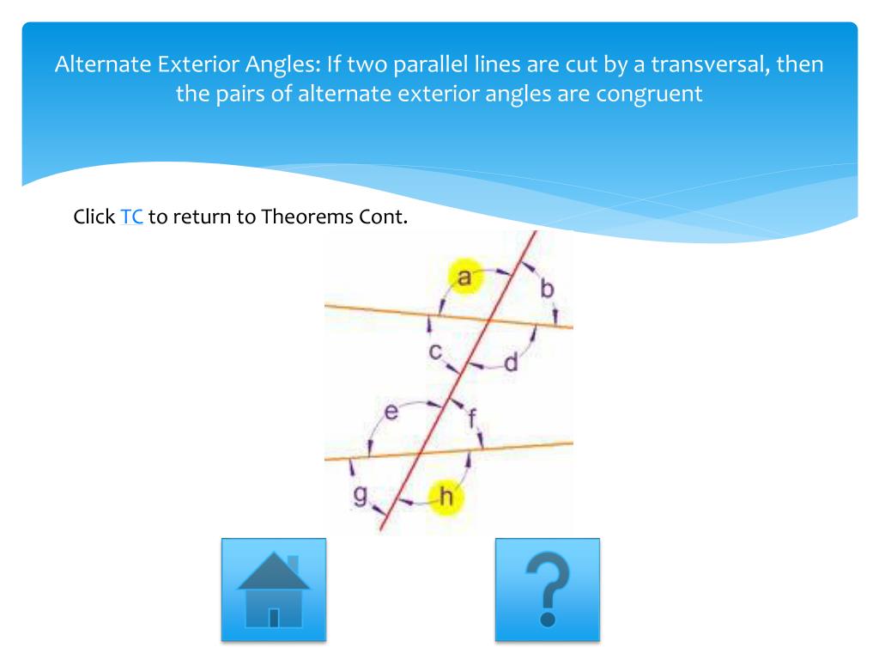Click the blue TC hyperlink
pos(131,217)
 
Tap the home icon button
pos(274,590)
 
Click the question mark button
pos(547,590)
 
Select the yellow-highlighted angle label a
pos(464,278)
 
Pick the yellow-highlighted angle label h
pos(446,496)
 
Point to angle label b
pos(547,290)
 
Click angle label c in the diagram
pos(435,351)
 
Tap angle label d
pos(511,364)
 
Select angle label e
pos(391,413)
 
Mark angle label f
pos(472,420)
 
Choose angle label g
pos(361,495)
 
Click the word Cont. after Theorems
pos(381,217)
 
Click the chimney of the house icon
pos(293,564)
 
